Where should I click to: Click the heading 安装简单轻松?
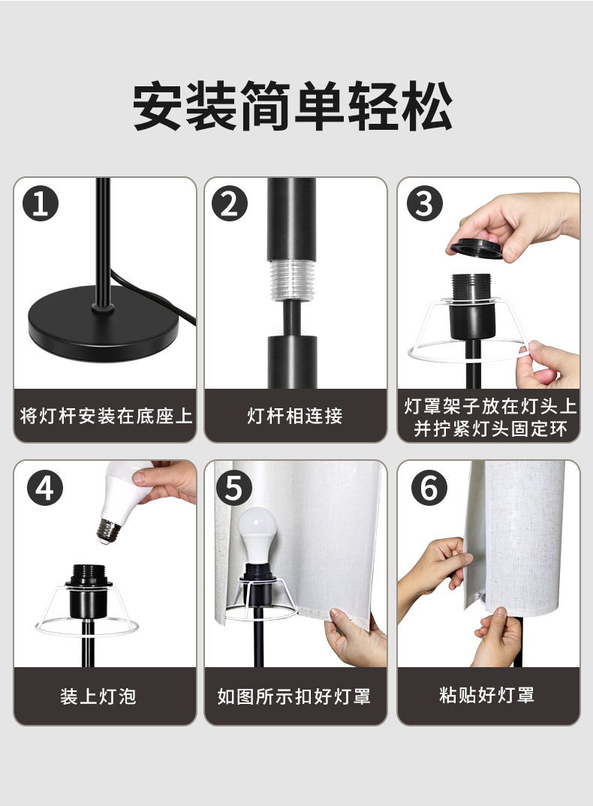click(293, 107)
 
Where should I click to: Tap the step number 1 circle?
click(41, 204)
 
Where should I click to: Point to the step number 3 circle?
click(424, 204)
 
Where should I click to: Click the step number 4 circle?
click(45, 489)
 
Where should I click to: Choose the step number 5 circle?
click(233, 489)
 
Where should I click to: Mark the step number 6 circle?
click(429, 489)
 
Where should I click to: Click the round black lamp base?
click(104, 323)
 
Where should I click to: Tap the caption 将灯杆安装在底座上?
click(105, 416)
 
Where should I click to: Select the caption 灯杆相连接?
click(295, 416)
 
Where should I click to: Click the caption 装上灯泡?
click(98, 696)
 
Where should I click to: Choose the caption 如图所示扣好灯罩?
click(294, 696)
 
